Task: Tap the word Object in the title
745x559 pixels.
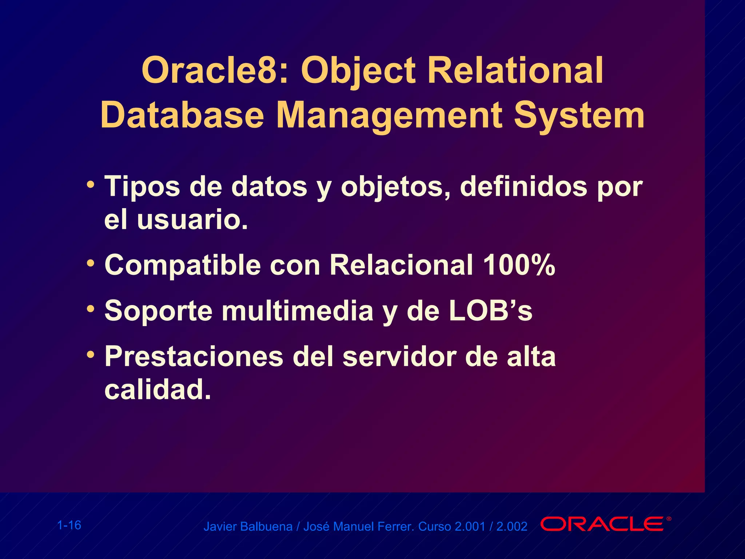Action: point(358,71)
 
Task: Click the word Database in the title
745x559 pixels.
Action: point(182,115)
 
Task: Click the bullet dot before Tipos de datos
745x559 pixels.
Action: point(91,184)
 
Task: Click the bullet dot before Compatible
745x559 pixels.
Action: point(91,262)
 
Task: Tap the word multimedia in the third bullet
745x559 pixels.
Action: point(298,311)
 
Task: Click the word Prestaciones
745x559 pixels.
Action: point(194,356)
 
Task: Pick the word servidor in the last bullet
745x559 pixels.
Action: point(399,356)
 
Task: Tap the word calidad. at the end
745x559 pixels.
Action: point(158,389)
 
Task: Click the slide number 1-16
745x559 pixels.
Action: point(69,525)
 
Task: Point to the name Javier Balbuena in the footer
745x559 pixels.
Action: point(248,527)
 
